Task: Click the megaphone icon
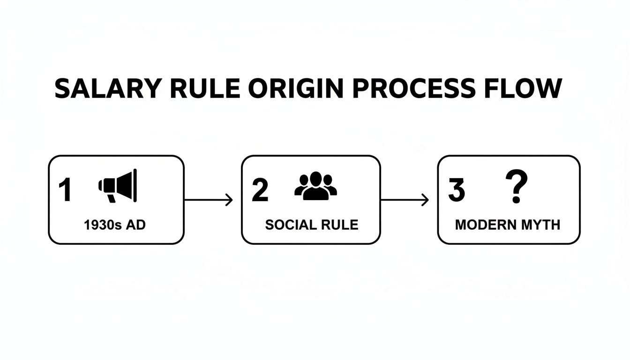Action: pos(118,186)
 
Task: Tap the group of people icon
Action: pos(315,186)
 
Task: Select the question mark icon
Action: pos(516,187)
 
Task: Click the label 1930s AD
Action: pos(115,225)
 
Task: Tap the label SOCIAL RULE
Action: pos(312,225)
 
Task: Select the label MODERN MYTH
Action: pos(508,225)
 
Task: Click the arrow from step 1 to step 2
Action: pos(209,200)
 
